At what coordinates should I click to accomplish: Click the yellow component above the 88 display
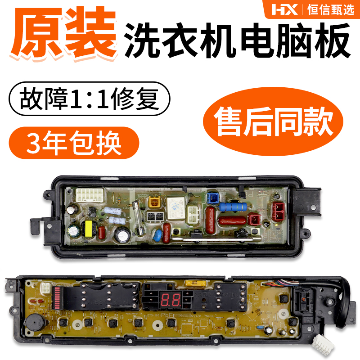pos(195,283)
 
